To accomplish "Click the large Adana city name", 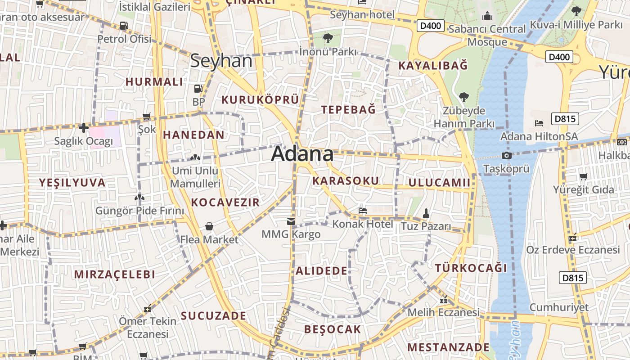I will pyautogui.click(x=302, y=154).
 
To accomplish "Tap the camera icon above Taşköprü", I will pyautogui.click(x=506, y=156).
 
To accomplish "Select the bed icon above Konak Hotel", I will pyautogui.click(x=363, y=210).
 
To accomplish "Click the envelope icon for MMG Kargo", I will pyautogui.click(x=291, y=221).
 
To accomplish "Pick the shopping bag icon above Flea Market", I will pyautogui.click(x=209, y=226).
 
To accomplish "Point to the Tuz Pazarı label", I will pyautogui.click(x=425, y=226).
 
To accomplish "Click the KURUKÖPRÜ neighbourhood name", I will pyautogui.click(x=261, y=99).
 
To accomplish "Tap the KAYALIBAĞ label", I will pyautogui.click(x=433, y=66).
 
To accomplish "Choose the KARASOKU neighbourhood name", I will pyautogui.click(x=346, y=181).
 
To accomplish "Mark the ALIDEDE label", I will pyautogui.click(x=321, y=271).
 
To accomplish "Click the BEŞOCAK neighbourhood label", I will pyautogui.click(x=333, y=329).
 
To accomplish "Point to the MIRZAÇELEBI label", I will pyautogui.click(x=114, y=274).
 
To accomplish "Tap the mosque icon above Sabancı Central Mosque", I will pyautogui.click(x=487, y=17).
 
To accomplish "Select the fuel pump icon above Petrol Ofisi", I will pyautogui.click(x=124, y=26).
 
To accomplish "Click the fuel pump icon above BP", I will pyautogui.click(x=198, y=89).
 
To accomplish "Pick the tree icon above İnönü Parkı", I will pyautogui.click(x=328, y=38).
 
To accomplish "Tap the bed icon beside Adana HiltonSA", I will pyautogui.click(x=539, y=123).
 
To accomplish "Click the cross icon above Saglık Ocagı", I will pyautogui.click(x=83, y=128).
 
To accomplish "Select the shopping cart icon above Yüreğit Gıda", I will pyautogui.click(x=584, y=176).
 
